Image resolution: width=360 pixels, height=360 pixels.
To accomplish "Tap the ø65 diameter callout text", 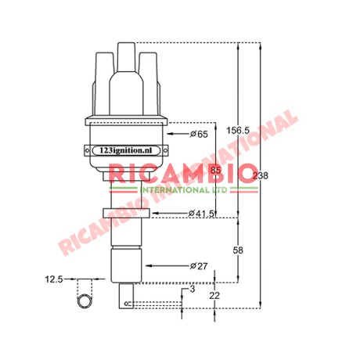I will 199,135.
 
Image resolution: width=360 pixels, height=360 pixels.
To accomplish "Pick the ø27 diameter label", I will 199,266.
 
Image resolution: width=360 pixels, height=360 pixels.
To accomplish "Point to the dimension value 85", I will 215,170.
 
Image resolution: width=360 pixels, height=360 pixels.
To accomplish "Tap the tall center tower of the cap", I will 125,70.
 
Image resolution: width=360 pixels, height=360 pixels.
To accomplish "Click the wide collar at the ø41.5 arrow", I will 125,214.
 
